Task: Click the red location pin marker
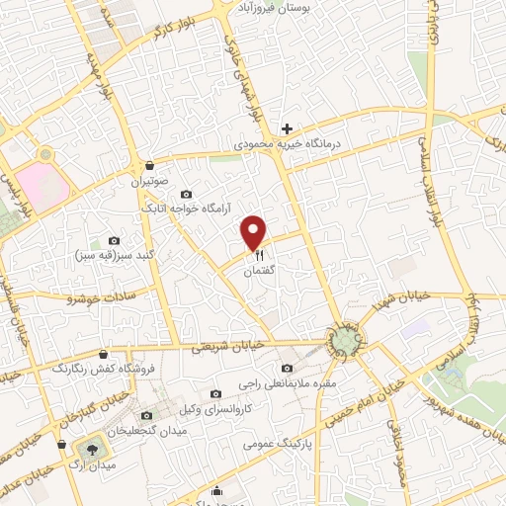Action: (x=255, y=232)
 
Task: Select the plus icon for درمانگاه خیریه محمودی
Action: (x=287, y=128)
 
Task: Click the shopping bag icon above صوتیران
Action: (x=148, y=166)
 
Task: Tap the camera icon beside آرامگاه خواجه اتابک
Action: (x=187, y=194)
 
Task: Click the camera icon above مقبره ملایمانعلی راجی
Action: (x=287, y=369)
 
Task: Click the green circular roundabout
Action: (x=344, y=341)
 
